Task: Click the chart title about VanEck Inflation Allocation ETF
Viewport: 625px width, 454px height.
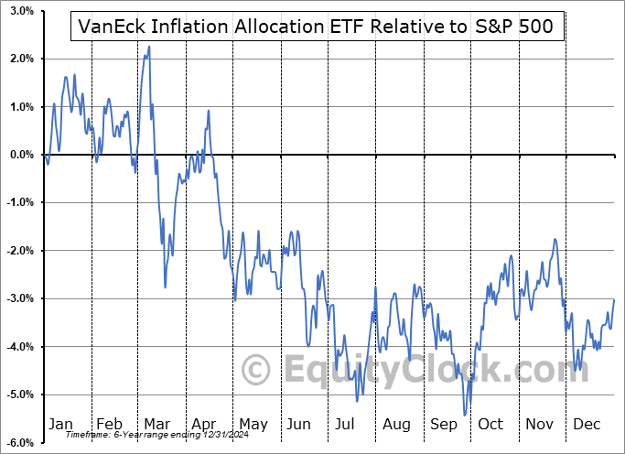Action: click(x=316, y=27)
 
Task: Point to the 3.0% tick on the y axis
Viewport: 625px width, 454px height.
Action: click(x=22, y=12)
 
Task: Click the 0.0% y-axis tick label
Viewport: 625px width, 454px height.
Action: click(x=22, y=155)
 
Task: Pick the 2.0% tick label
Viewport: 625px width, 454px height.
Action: click(x=22, y=59)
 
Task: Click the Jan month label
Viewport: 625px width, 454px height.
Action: click(x=60, y=424)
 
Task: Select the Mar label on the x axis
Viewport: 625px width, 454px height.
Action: click(x=157, y=424)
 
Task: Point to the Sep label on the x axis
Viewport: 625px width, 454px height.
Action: click(x=444, y=424)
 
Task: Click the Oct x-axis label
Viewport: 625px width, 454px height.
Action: click(x=491, y=424)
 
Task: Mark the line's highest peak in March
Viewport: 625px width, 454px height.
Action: click(x=149, y=47)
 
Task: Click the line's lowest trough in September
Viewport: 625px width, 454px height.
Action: click(x=465, y=415)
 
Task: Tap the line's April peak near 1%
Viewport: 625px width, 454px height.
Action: click(x=209, y=111)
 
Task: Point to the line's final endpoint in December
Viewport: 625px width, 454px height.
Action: click(x=613, y=300)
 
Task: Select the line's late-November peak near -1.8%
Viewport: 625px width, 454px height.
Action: click(x=555, y=240)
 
